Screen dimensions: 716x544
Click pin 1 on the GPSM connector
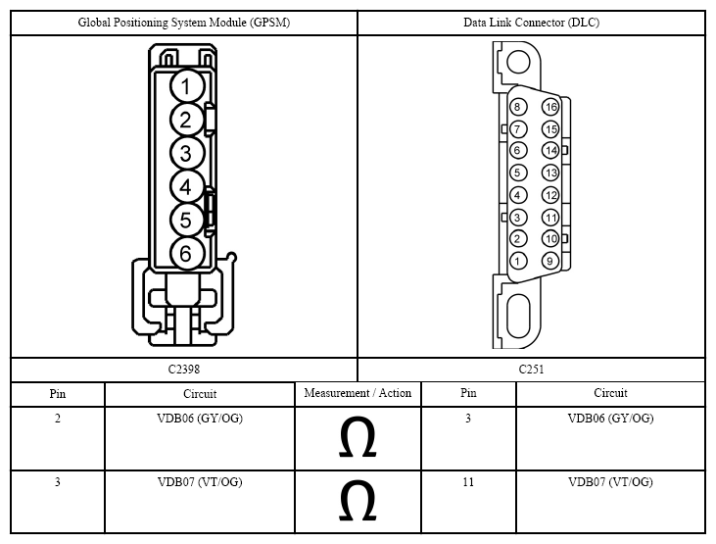[186, 86]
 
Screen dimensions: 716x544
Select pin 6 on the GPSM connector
[186, 253]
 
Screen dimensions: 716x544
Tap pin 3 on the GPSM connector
[186, 153]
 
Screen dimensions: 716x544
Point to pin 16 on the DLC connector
[550, 107]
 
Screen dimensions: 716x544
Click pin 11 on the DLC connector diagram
[550, 218]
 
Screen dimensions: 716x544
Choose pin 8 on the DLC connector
[518, 107]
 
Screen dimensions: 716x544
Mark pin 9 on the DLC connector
[550, 261]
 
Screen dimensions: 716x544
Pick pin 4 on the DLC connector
[518, 195]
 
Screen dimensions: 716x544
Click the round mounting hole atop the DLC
[518, 61]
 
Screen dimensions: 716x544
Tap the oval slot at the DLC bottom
[519, 316]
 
